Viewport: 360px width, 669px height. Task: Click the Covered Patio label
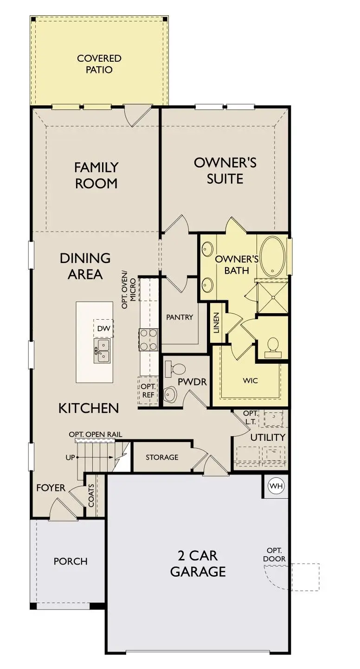click(99, 64)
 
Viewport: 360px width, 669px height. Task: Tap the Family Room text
click(96, 175)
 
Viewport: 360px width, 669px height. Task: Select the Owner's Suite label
click(225, 170)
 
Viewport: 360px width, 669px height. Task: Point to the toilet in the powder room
click(176, 369)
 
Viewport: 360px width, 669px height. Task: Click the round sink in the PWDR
click(170, 394)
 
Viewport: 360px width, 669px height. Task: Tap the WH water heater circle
click(276, 486)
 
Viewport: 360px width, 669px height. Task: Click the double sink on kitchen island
click(103, 350)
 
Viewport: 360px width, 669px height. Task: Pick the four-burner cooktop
click(148, 339)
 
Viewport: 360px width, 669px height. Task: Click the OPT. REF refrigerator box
click(148, 391)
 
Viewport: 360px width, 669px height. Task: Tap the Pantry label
click(180, 317)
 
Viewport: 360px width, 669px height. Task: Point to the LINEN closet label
click(216, 322)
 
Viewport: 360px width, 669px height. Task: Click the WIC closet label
click(250, 380)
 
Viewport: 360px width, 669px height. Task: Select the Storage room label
click(162, 457)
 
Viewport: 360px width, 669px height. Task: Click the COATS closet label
click(91, 495)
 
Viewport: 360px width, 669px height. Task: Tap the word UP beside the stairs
click(71, 457)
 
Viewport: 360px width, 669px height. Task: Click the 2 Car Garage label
click(198, 563)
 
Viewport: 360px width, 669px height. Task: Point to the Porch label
click(71, 561)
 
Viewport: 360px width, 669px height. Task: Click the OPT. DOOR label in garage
click(274, 555)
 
